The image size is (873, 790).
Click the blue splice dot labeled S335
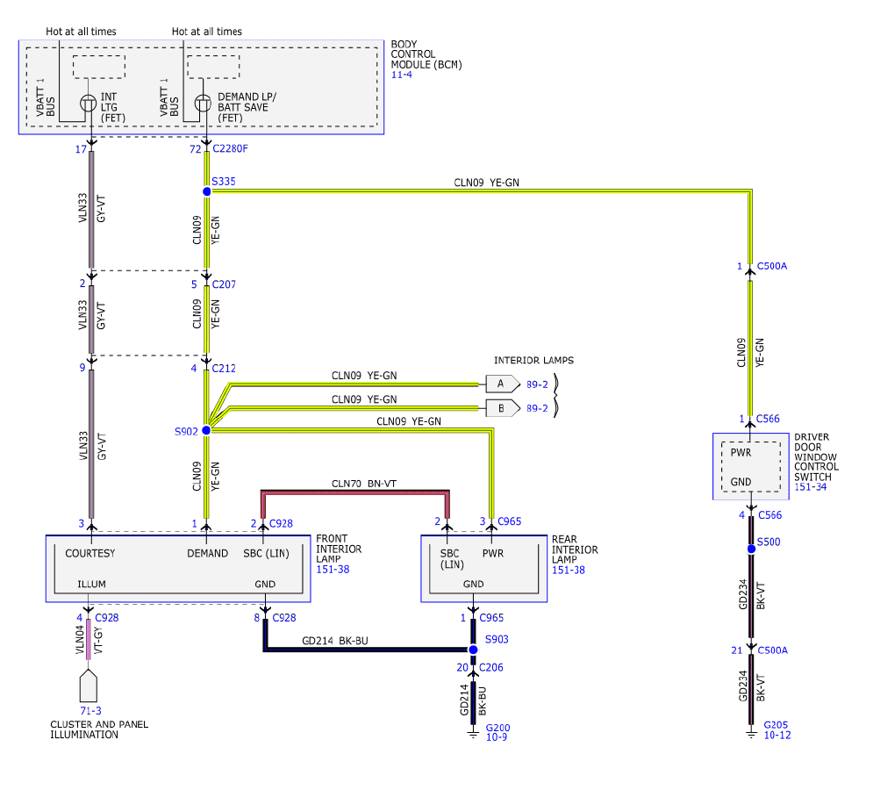[x=206, y=191]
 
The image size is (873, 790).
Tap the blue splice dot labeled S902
[x=206, y=430]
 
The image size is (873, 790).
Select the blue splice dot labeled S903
[x=473, y=650]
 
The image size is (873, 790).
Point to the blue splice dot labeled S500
[x=751, y=549]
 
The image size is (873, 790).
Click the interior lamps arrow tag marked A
[x=503, y=384]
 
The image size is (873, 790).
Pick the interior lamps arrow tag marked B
[x=503, y=408]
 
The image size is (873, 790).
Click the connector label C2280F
[x=230, y=148]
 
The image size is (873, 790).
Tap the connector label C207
[x=224, y=284]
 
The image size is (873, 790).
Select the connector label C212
[x=224, y=369]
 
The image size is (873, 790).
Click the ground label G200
[x=497, y=728]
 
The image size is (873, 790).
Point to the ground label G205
[x=776, y=725]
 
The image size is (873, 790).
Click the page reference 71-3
[x=90, y=711]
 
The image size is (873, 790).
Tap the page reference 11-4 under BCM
[x=402, y=75]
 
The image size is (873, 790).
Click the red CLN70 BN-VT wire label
[x=364, y=484]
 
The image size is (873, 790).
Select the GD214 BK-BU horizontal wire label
[x=335, y=641]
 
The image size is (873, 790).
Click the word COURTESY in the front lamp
[x=90, y=553]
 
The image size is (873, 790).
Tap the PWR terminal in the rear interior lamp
[x=493, y=553]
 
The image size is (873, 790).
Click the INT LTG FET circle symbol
[x=89, y=103]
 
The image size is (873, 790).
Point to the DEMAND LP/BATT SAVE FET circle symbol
[x=203, y=103]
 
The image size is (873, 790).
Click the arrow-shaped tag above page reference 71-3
[x=89, y=686]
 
